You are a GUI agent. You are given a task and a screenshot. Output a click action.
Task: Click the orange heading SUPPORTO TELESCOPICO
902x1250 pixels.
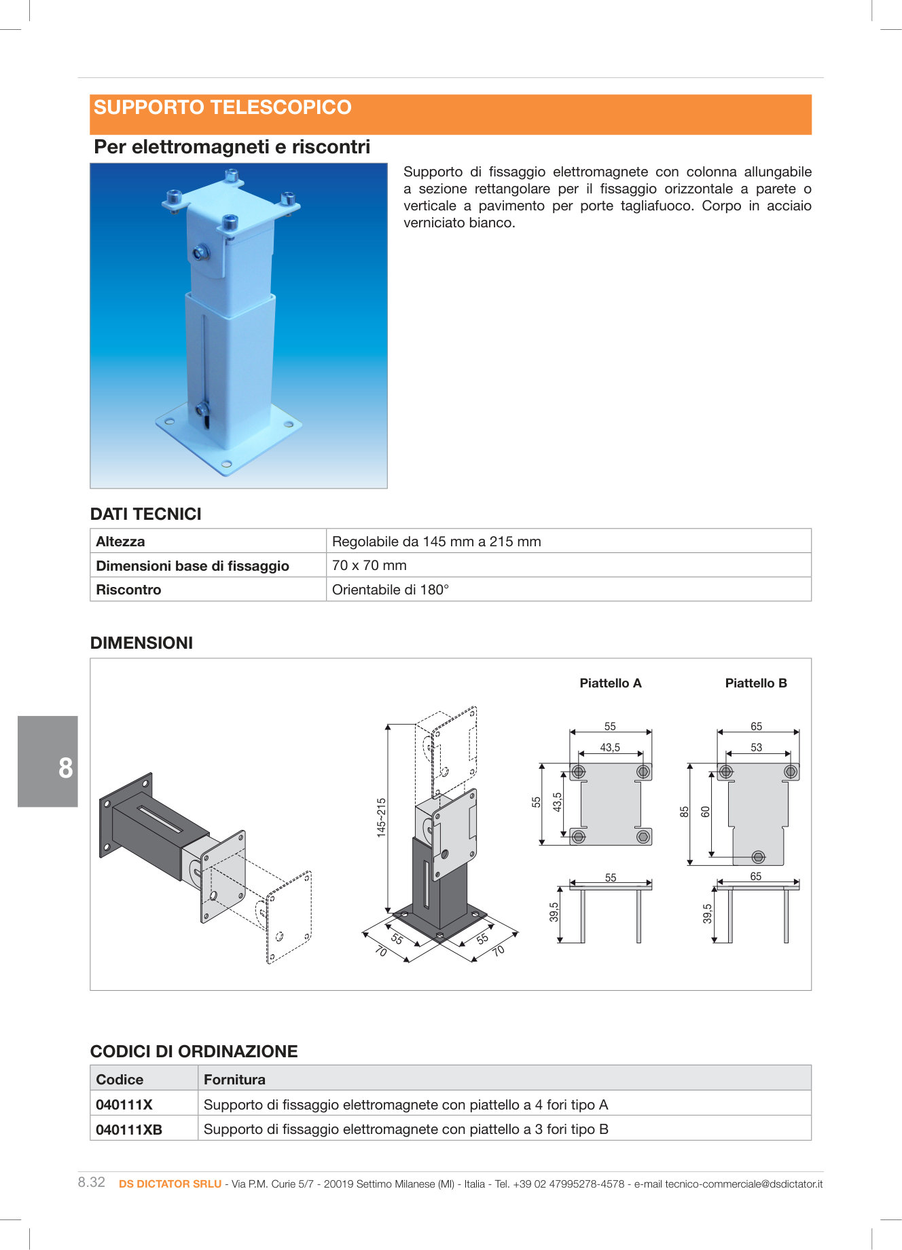pyautogui.click(x=223, y=108)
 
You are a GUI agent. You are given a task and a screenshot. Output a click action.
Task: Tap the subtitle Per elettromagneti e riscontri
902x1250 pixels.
pyautogui.click(x=232, y=147)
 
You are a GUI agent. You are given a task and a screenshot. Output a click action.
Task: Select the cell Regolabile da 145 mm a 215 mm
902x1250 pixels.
pyautogui.click(x=436, y=542)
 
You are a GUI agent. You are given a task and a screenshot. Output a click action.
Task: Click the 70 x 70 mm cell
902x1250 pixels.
pyautogui.click(x=369, y=565)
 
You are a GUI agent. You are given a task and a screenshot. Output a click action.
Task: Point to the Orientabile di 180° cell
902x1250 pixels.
pyautogui.click(x=390, y=590)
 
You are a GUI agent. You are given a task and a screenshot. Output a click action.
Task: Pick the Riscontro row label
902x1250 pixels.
pyautogui.click(x=128, y=590)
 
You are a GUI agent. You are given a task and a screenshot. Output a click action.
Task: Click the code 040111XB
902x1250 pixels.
pyautogui.click(x=129, y=1129)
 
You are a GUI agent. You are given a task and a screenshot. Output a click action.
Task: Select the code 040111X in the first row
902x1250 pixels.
pyautogui.click(x=124, y=1105)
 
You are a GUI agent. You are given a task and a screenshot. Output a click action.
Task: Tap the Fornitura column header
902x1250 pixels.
pyautogui.click(x=234, y=1079)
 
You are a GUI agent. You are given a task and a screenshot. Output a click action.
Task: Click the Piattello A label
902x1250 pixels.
pyautogui.click(x=610, y=683)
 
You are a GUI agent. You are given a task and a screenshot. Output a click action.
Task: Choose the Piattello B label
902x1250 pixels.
pyautogui.click(x=756, y=683)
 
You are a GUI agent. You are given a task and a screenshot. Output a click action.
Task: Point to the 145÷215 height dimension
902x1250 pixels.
pyautogui.click(x=381, y=817)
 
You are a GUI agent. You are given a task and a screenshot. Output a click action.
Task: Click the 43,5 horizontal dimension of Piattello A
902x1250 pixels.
pyautogui.click(x=610, y=748)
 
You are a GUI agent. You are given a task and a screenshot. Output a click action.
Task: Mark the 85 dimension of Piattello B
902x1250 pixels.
pyautogui.click(x=685, y=812)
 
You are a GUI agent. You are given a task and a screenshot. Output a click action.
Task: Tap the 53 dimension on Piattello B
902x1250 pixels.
pyautogui.click(x=756, y=748)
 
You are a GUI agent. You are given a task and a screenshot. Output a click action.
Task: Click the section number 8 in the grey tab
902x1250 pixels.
pyautogui.click(x=65, y=768)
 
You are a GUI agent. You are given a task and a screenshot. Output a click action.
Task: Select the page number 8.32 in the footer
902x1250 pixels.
pyautogui.click(x=92, y=1182)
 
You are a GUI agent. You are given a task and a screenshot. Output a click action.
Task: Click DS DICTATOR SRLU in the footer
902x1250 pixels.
pyautogui.click(x=170, y=1184)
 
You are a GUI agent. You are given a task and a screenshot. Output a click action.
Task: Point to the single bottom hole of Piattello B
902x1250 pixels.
pyautogui.click(x=759, y=857)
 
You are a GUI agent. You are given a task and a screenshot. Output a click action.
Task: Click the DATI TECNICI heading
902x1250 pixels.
pyautogui.click(x=146, y=514)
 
